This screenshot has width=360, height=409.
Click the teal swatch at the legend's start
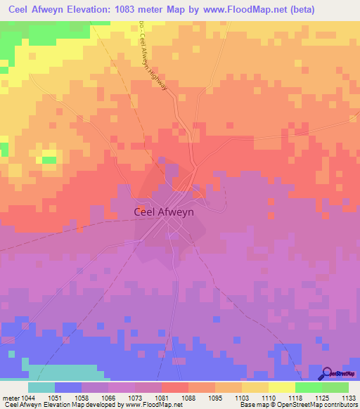41,387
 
